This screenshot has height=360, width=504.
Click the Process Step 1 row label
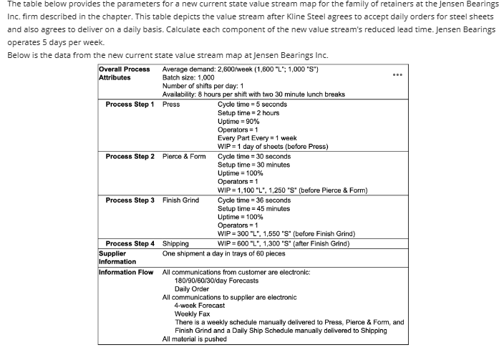(130, 104)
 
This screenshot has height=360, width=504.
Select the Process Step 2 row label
(130, 156)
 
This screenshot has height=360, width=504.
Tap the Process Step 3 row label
(130, 200)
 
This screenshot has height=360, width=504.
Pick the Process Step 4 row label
(130, 243)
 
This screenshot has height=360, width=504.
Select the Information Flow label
(126, 273)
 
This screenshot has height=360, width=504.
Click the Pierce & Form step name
(184, 156)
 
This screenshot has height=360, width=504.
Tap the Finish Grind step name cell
(180, 200)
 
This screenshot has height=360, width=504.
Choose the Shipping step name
(175, 243)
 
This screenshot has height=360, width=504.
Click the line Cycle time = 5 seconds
(252, 104)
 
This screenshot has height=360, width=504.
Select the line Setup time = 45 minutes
(253, 208)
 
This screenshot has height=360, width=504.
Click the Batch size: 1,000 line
(188, 77)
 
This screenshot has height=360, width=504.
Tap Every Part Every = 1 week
(257, 138)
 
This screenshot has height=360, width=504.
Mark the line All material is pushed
(195, 339)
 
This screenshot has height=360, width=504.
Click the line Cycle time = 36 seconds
(254, 200)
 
